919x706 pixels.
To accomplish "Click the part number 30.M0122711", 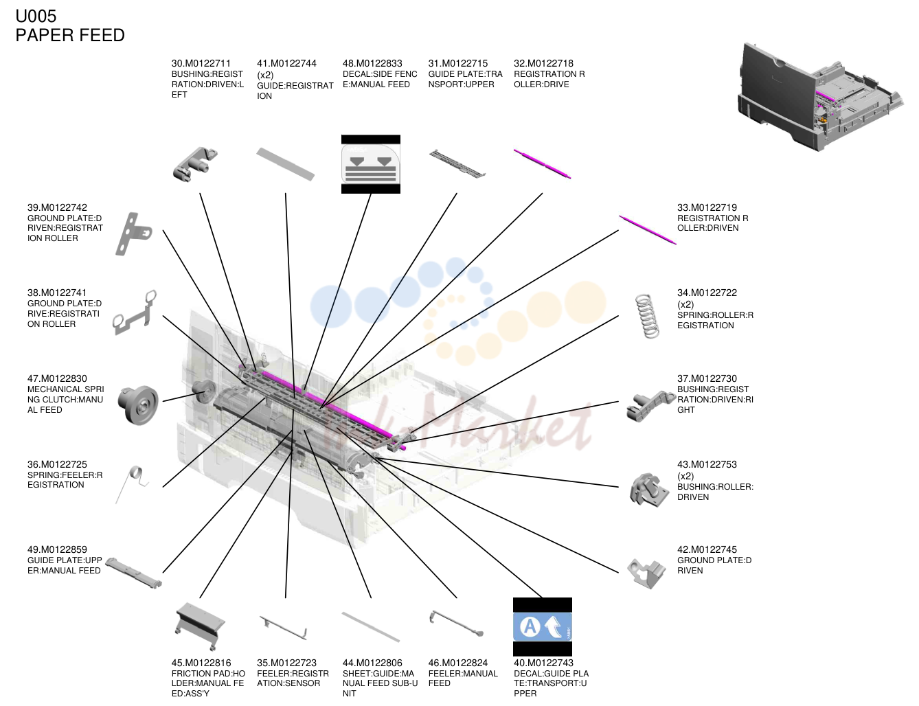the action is (201, 63).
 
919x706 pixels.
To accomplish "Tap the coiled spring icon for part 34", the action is (647, 316).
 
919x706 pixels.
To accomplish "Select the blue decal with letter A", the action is (542, 626).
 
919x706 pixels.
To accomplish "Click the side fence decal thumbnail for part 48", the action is (370, 164).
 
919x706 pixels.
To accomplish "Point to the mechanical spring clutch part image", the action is (138, 405).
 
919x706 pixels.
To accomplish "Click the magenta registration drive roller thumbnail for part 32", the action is (542, 163).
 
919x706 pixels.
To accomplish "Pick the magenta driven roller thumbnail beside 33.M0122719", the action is (647, 229).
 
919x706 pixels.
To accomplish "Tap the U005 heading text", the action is (36, 16).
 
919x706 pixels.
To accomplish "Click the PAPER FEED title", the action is (70, 35).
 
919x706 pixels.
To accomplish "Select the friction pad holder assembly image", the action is (200, 626).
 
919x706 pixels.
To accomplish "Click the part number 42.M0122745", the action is (707, 549).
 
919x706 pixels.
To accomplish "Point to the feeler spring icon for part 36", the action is (132, 484).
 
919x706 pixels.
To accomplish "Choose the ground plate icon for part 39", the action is (133, 234).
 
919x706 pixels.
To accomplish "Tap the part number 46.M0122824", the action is (458, 663).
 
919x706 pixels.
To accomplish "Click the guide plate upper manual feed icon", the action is (134, 573).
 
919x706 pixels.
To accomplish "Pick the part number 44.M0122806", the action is (372, 663).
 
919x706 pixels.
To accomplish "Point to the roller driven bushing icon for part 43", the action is (648, 490).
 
